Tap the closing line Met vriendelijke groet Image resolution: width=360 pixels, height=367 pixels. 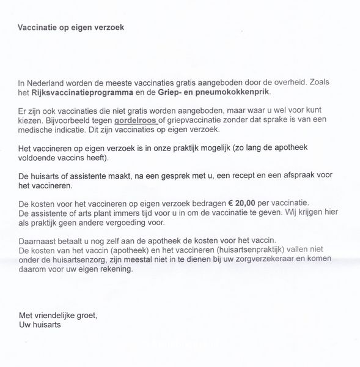(x=57, y=316)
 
